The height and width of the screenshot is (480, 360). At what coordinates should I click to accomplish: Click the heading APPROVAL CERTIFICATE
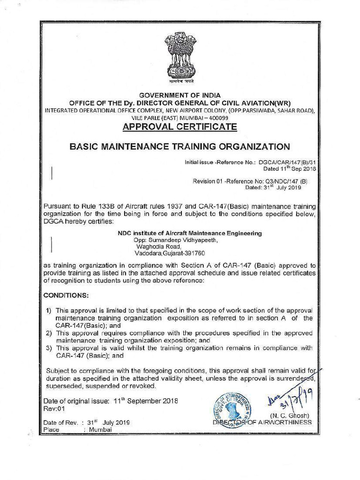point(180,127)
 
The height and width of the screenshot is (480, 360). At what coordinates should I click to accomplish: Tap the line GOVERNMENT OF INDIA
point(180,95)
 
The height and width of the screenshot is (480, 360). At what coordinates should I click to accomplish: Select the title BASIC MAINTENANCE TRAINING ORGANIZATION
point(180,146)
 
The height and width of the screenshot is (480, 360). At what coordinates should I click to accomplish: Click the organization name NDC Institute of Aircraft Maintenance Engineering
point(189,233)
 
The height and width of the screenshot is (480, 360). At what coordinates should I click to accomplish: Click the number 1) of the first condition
point(48,311)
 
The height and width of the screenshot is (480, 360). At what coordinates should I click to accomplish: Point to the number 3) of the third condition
point(48,348)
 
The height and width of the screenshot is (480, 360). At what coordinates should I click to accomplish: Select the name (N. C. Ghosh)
point(290,415)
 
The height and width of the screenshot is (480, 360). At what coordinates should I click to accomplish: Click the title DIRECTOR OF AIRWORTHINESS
point(262,422)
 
